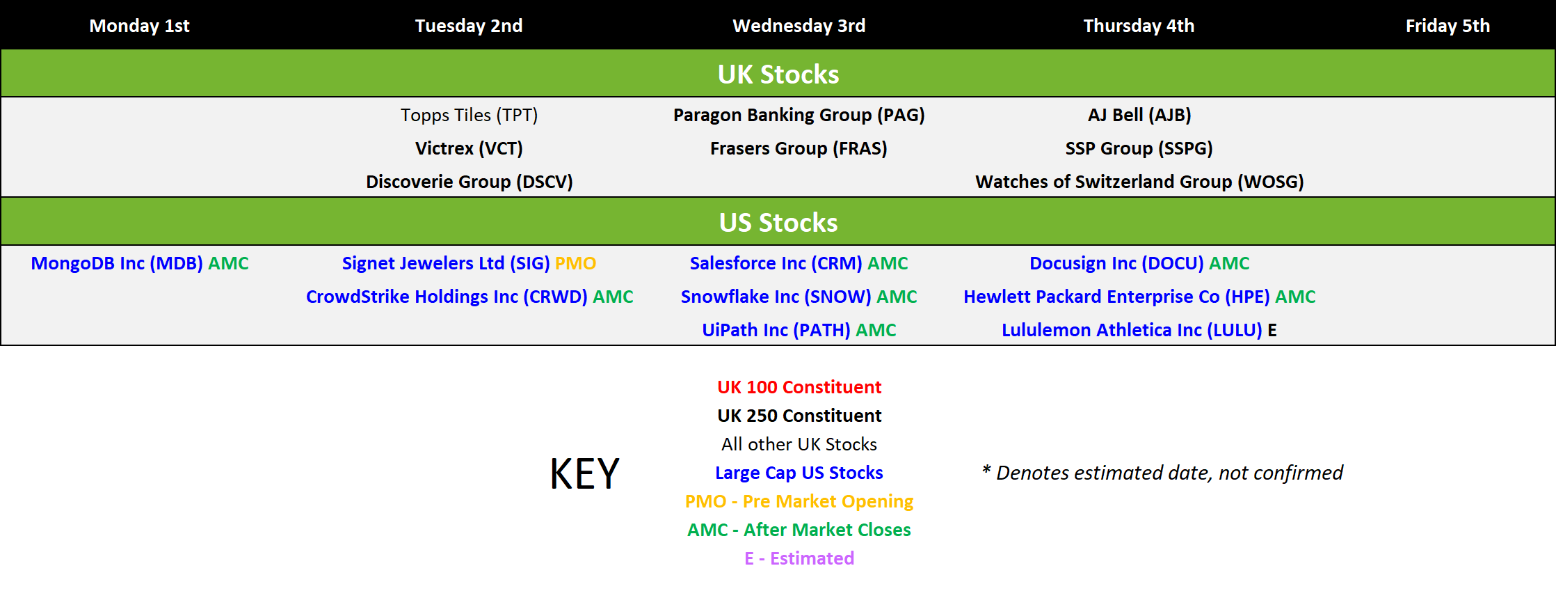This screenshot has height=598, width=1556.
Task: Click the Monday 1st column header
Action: pyautogui.click(x=139, y=26)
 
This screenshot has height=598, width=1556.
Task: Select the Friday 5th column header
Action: pyautogui.click(x=1447, y=26)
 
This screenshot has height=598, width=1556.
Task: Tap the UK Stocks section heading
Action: pyautogui.click(x=778, y=74)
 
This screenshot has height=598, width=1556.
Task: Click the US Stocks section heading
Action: pyautogui.click(x=778, y=222)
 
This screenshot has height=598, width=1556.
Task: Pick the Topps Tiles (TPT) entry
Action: pyautogui.click(x=469, y=115)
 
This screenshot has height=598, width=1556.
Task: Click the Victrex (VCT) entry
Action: pyautogui.click(x=469, y=148)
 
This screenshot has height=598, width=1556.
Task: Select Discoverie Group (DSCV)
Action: pyautogui.click(x=470, y=182)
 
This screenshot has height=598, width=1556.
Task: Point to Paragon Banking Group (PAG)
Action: pyautogui.click(x=799, y=115)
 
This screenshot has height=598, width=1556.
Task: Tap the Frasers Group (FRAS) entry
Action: pyautogui.click(x=799, y=148)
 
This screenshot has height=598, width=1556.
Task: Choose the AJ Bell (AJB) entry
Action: pyautogui.click(x=1139, y=115)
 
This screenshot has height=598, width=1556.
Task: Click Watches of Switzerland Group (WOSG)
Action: pyautogui.click(x=1139, y=182)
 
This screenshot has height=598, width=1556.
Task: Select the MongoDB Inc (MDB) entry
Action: pyautogui.click(x=117, y=263)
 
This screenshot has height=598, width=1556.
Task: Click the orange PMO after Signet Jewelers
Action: pyautogui.click(x=575, y=263)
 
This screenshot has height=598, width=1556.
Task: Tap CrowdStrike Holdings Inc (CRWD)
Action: pyautogui.click(x=447, y=297)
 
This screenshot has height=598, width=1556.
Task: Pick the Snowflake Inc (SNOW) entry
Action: pyautogui.click(x=776, y=297)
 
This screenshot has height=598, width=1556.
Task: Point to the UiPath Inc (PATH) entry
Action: pyautogui.click(x=776, y=330)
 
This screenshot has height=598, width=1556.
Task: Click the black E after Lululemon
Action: pyautogui.click(x=1272, y=330)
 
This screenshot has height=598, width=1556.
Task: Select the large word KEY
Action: pyautogui.click(x=584, y=474)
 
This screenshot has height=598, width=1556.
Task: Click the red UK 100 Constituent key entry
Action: pyautogui.click(x=799, y=387)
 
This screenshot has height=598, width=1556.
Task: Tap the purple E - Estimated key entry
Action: pyautogui.click(x=799, y=558)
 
